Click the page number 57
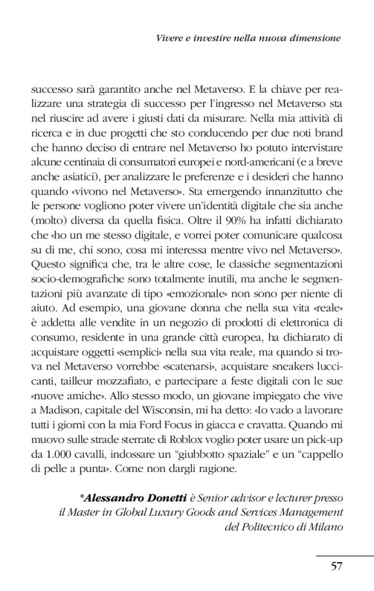pos(335,567)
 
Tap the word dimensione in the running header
pos(313,39)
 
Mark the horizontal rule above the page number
pos(344,554)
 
